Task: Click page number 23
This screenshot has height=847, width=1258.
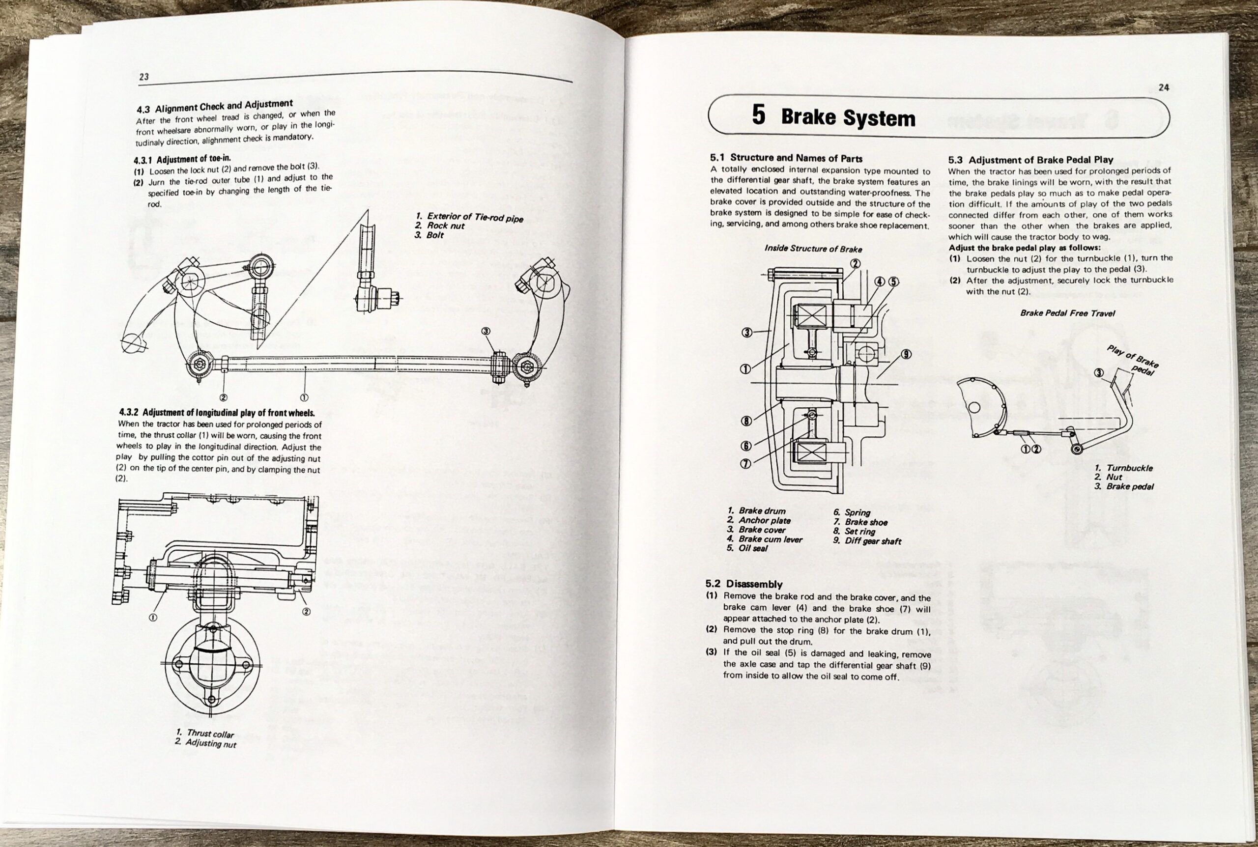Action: pos(143,77)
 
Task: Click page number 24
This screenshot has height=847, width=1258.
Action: pos(1164,87)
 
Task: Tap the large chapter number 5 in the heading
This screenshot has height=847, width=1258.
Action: pos(758,115)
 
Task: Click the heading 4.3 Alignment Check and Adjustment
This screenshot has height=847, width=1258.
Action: pos(214,106)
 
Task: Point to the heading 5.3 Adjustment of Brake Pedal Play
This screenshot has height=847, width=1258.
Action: pos(1030,160)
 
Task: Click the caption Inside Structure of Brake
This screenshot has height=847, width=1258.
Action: pos(813,249)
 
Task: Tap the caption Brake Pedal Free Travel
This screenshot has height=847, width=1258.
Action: pos(1067,313)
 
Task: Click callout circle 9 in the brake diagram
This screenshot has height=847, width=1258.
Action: pos(906,354)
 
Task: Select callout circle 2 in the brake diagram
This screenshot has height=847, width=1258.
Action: pos(855,264)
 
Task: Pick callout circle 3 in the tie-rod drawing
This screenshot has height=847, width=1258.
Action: pos(486,331)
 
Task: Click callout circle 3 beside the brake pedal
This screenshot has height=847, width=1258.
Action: pos(1098,373)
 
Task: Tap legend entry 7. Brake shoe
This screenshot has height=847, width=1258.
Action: pos(860,522)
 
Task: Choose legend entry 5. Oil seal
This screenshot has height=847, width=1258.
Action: pos(747,548)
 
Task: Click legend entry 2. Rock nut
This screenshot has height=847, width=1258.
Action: pos(440,226)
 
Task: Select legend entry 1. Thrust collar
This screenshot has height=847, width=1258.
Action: pos(205,734)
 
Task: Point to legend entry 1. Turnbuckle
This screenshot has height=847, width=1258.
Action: pos(1123,468)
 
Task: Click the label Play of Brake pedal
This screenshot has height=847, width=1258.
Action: pos(1133,360)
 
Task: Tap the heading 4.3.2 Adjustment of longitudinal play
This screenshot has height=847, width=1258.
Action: pos(217,413)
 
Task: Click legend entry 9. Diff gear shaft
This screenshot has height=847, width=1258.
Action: pos(867,541)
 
